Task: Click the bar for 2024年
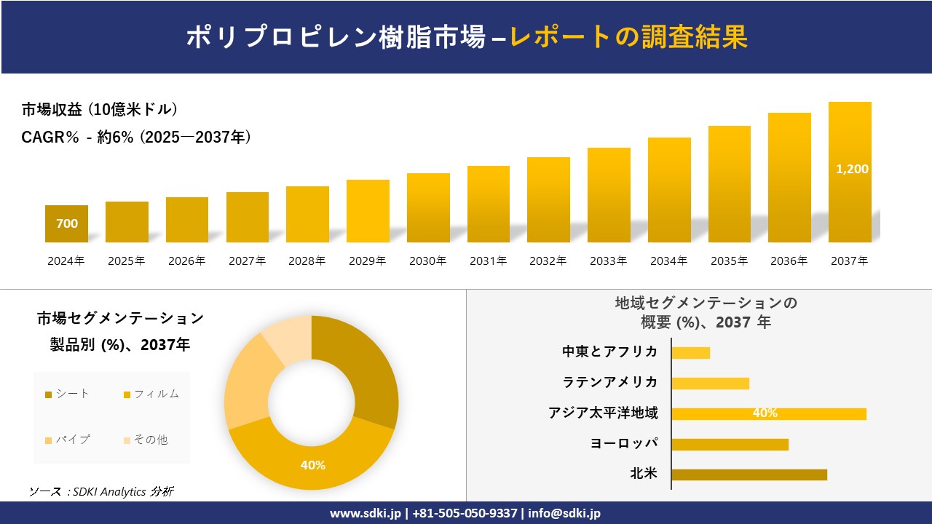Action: (66, 223)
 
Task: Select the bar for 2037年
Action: (850, 172)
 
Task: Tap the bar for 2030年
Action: (428, 208)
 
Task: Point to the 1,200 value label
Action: (852, 169)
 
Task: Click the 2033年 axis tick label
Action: (608, 261)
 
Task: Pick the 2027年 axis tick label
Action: (247, 261)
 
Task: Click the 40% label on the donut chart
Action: (313, 465)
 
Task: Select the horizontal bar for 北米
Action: (749, 475)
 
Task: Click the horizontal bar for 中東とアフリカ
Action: (690, 353)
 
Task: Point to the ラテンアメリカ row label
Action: (609, 383)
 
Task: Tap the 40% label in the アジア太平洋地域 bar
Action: (765, 413)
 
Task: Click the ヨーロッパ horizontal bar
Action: (730, 444)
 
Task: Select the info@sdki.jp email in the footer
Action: (564, 513)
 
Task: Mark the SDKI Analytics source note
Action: (101, 492)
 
